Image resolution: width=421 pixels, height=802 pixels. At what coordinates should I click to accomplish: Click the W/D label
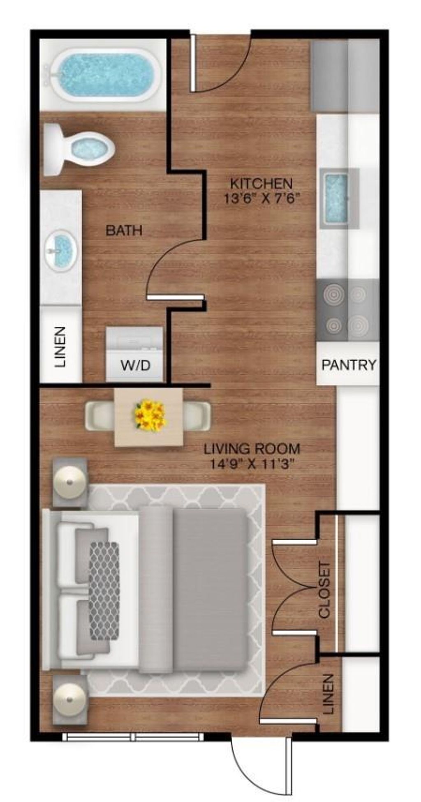tap(135, 365)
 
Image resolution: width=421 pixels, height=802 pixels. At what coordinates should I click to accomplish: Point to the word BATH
tap(124, 230)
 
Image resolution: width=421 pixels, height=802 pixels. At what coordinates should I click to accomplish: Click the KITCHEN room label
tap(261, 183)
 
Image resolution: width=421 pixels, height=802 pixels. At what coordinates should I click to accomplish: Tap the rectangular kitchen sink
tap(336, 198)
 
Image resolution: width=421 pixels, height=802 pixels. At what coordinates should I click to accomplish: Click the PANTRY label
tap(349, 364)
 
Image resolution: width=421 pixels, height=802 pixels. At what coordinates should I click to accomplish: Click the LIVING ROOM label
tap(252, 448)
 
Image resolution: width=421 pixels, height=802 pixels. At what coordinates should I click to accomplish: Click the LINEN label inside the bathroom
tap(60, 347)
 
